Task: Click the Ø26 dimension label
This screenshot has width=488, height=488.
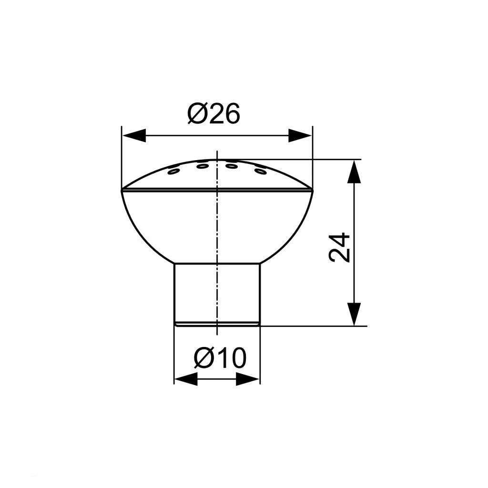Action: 213,113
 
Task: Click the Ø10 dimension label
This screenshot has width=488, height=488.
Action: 220,358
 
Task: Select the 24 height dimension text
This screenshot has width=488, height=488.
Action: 339,247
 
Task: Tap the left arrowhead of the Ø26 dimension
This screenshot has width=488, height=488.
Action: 134,135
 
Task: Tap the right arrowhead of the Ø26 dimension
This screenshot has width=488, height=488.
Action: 300,135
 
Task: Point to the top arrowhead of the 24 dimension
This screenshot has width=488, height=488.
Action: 354,172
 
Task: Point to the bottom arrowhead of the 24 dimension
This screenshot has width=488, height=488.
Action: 354,314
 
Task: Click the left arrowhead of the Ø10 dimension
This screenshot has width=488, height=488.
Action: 186,379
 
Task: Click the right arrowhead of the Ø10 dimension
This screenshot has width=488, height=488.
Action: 248,379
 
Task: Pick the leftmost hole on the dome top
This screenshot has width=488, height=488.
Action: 173,171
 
